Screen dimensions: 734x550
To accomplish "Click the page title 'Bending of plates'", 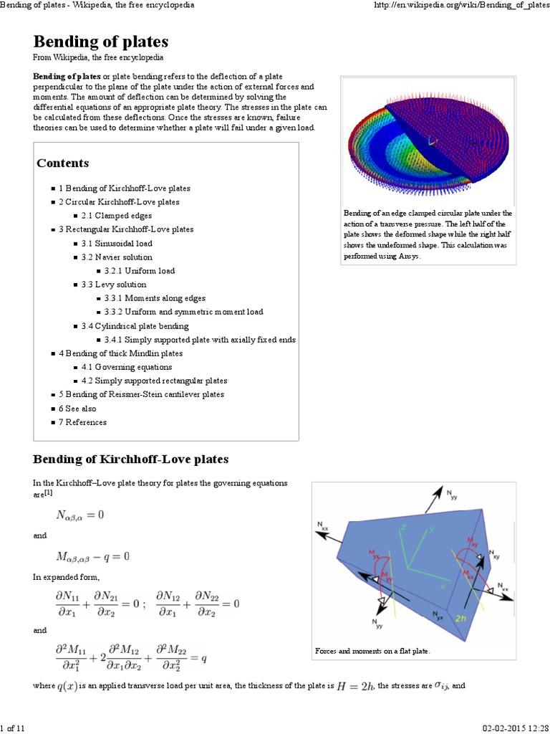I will click(101, 41).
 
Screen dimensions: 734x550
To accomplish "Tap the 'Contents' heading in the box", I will click(63, 163).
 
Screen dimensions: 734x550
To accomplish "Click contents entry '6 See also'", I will click(77, 409).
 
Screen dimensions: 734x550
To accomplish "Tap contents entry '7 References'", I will click(82, 422).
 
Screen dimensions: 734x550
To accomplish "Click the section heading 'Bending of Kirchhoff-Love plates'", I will click(131, 459).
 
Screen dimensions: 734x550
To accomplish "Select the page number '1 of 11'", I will click(13, 728).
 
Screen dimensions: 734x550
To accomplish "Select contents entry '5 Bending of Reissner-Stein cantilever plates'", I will click(141, 395).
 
